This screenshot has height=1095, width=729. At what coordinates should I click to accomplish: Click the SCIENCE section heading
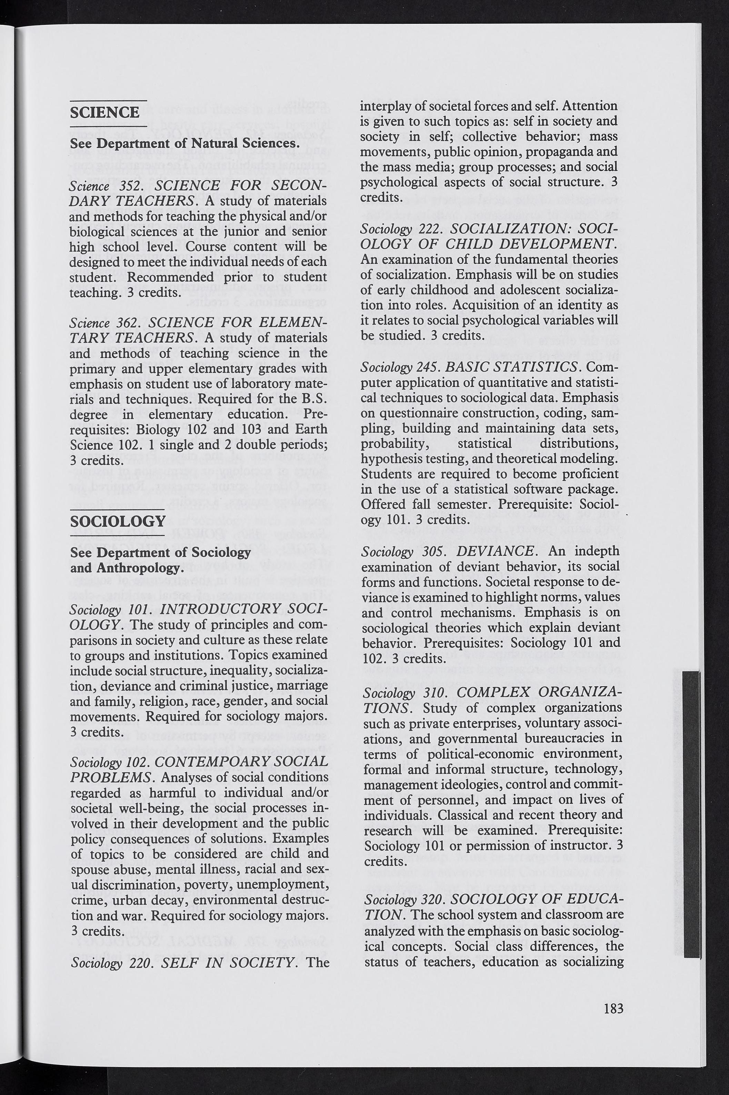pos(104,112)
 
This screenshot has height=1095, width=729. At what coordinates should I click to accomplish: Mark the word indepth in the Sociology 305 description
pos(597,551)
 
